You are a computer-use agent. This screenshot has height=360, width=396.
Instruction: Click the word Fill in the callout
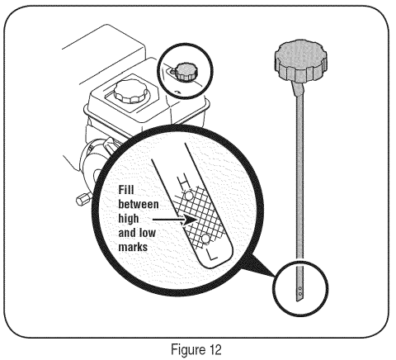click(x=126, y=190)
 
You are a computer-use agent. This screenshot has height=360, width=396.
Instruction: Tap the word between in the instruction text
click(x=139, y=205)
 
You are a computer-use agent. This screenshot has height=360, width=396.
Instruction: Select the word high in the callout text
click(x=129, y=219)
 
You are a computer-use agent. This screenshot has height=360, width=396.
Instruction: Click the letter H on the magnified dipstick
click(x=183, y=182)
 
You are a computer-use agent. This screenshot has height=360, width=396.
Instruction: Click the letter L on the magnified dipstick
click(x=211, y=256)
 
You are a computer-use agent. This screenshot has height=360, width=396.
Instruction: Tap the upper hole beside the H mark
click(x=189, y=196)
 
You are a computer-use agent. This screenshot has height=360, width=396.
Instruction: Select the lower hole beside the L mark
click(x=205, y=239)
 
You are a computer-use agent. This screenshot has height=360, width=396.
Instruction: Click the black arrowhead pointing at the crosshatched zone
click(x=190, y=220)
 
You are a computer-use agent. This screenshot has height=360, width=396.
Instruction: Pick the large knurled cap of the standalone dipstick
click(x=301, y=60)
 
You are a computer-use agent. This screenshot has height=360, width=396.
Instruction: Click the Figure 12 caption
click(x=196, y=349)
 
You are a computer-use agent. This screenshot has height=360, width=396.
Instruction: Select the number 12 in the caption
click(x=214, y=349)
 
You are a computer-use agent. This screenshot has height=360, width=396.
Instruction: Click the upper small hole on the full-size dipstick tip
click(x=300, y=288)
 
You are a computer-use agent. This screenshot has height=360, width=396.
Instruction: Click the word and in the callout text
click(x=127, y=233)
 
